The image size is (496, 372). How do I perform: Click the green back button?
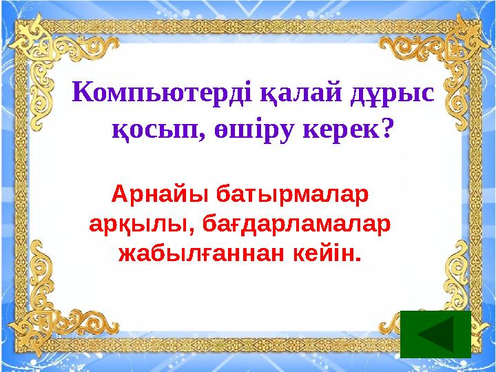tap(435, 334)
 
